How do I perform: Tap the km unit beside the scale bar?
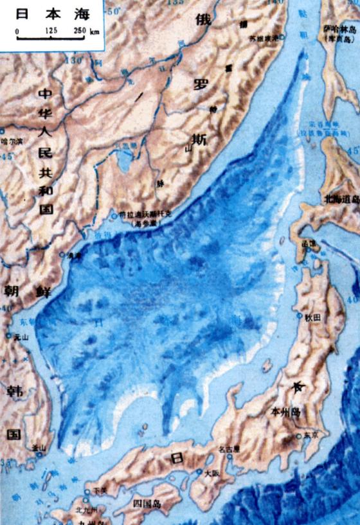(95, 31)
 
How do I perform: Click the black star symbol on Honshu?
(298, 386)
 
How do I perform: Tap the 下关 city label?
(100, 492)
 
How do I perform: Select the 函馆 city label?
(311, 243)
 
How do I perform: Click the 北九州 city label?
(87, 510)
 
